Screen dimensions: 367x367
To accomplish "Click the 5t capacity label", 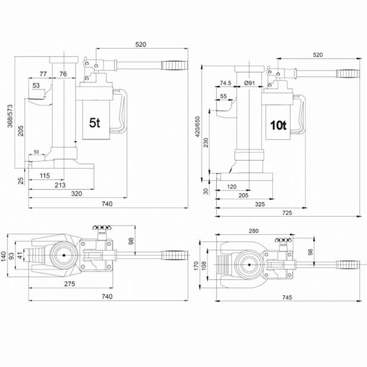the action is point(95,123).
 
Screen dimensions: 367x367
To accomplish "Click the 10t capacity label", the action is point(278,126).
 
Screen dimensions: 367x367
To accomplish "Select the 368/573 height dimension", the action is point(10,116).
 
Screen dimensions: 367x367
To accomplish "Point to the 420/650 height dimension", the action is point(198,127).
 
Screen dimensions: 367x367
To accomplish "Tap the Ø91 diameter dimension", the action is point(250,83).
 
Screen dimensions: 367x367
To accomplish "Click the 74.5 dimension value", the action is point(225,83).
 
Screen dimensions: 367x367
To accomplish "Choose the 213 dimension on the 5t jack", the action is point(60,185).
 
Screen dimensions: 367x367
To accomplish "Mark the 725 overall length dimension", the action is point(287,213).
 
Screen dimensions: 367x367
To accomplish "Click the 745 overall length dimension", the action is point(287,297).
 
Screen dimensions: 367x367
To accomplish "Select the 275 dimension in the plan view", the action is point(70,284).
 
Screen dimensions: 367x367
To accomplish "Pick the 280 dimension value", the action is point(254,231).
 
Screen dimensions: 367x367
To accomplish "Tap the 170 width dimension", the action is point(197,266).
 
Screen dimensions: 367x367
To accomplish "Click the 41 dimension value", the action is point(21,256).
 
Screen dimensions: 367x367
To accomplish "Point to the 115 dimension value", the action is point(45,176).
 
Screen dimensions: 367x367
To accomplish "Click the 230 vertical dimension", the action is point(206,142).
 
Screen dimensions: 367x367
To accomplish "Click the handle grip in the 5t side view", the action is point(175,66).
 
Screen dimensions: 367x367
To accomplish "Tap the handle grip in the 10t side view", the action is point(348,73).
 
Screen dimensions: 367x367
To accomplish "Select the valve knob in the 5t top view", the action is point(102,228).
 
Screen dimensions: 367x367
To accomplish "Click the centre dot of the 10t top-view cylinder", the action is point(249,265).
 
